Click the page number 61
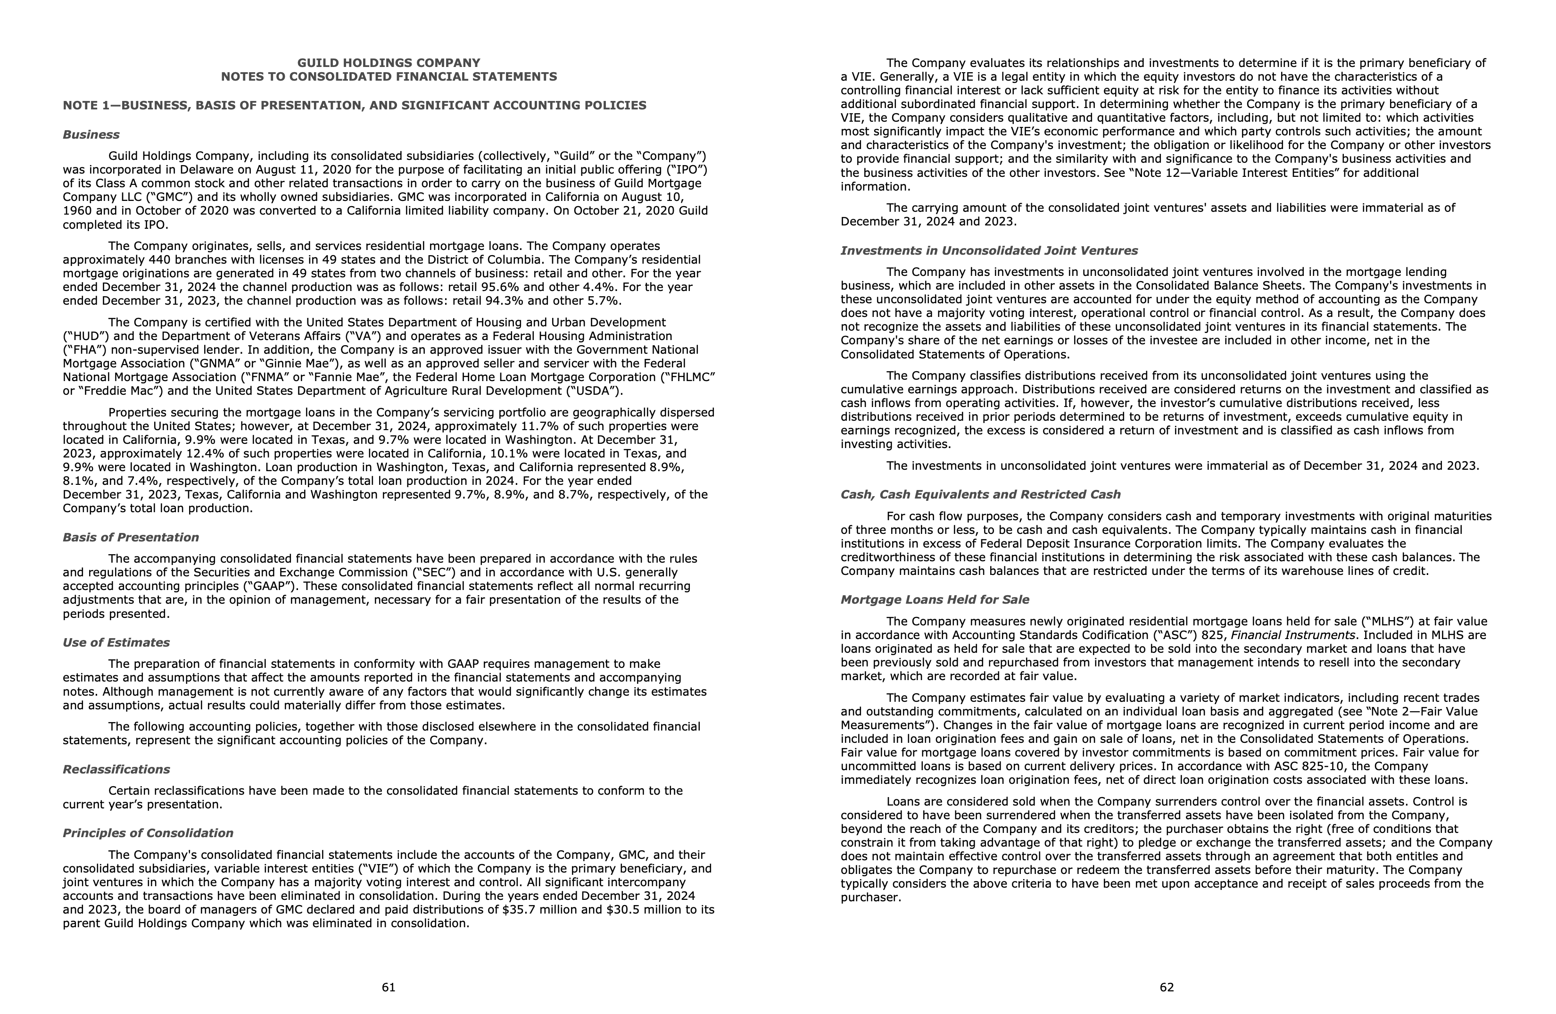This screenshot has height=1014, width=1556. point(389,987)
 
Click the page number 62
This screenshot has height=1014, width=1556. point(1167,987)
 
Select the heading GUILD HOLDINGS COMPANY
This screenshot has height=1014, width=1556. point(389,63)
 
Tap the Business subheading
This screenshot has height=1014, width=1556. point(91,135)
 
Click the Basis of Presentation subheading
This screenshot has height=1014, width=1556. point(131,537)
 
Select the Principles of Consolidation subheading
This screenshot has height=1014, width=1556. point(148,833)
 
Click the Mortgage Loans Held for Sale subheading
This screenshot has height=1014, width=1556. point(934,599)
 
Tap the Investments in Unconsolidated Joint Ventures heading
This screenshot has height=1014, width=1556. point(988,250)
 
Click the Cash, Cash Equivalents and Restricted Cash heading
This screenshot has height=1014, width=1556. point(980,494)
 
